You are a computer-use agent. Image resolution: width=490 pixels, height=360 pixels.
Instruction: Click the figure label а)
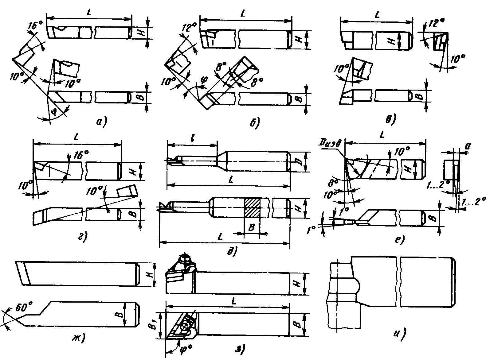coord(101,122)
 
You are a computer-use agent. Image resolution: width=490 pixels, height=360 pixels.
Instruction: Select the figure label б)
coord(254,122)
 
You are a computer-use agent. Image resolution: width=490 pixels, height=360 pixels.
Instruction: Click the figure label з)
coord(240,348)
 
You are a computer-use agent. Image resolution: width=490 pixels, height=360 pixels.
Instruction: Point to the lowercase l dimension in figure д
coord(192,138)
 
